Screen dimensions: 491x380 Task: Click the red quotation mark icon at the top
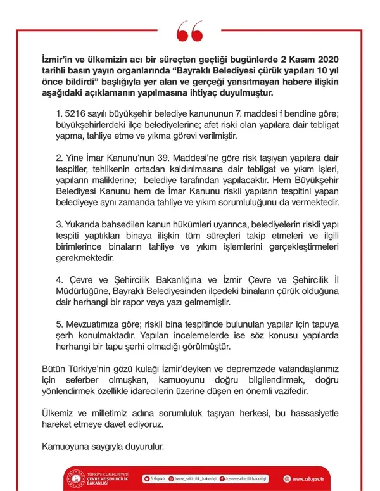(189, 29)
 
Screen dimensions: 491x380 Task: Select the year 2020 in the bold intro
(329, 56)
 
